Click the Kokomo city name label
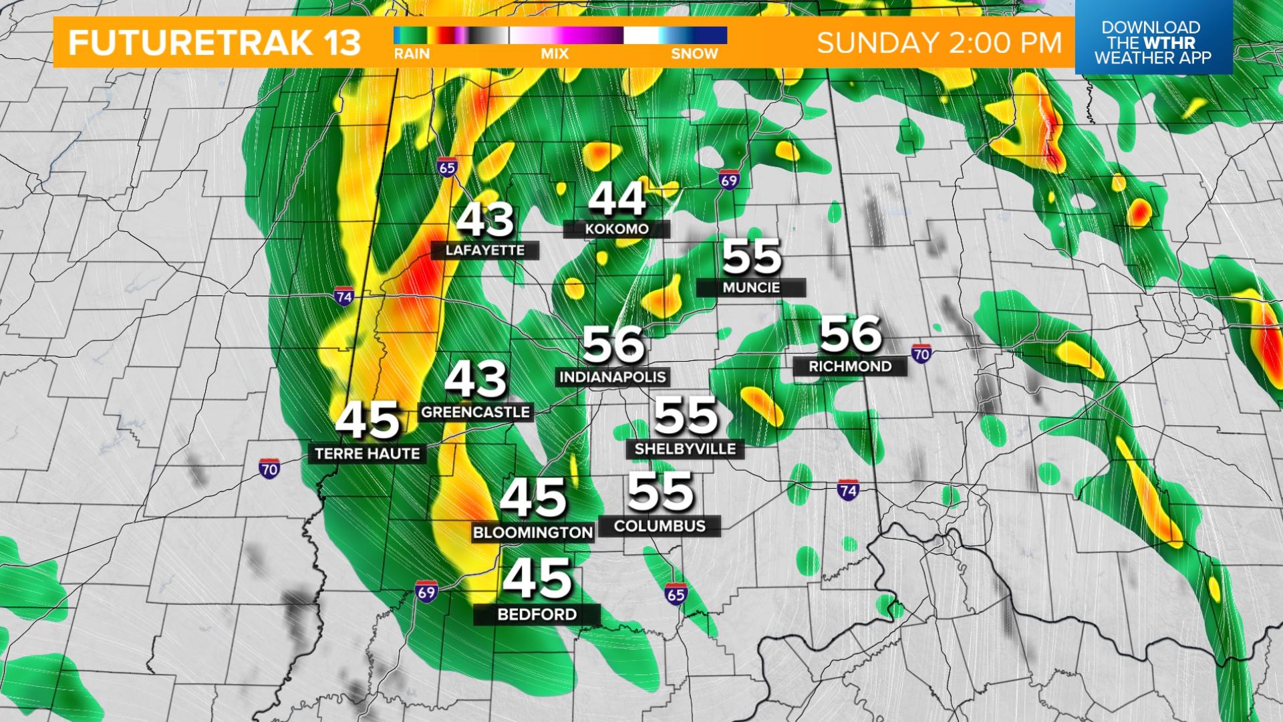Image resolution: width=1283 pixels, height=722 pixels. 616,229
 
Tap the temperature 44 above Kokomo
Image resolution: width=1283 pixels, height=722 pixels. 617,199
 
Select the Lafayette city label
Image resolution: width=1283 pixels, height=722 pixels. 485,251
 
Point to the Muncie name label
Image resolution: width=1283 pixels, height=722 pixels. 751,287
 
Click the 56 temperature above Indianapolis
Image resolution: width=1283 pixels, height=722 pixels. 613,344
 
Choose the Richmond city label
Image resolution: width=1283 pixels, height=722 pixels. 850,366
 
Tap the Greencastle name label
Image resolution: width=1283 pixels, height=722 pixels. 475,412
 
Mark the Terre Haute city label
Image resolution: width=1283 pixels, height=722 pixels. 368,454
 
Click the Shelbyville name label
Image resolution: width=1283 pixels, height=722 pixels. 685,449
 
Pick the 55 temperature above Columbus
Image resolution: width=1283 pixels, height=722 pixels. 660,492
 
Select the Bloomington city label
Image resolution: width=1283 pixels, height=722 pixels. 533,533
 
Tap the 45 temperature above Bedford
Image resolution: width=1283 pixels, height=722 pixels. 537,579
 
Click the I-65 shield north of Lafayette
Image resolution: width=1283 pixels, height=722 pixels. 447,167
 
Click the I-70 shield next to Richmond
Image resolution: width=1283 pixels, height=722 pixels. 921,353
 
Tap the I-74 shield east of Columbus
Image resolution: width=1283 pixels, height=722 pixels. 848,491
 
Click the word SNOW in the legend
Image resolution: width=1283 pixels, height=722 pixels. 694,54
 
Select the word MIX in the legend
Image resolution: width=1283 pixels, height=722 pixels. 554,54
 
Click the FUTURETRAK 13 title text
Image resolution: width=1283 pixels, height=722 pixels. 215,43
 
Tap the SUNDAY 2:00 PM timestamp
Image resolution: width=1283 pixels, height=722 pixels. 939,43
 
